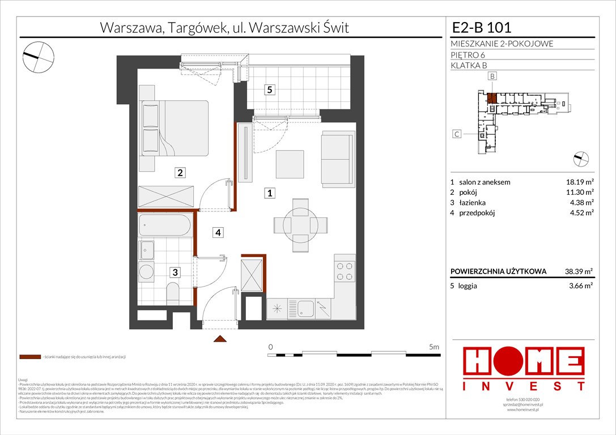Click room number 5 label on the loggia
click(270, 89)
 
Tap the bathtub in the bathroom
click(165, 226)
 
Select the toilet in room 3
click(173, 293)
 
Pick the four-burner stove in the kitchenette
click(344, 271)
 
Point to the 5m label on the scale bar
click(434, 347)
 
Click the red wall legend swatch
click(29, 357)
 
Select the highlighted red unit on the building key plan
click(492, 97)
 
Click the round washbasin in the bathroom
click(147, 271)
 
